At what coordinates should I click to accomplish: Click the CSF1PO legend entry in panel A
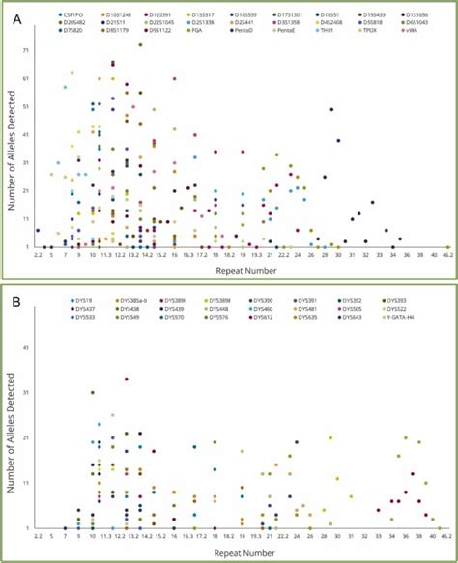(71, 15)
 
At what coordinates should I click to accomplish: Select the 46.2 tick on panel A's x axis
(446, 256)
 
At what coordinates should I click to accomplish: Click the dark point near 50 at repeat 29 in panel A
(331, 109)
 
